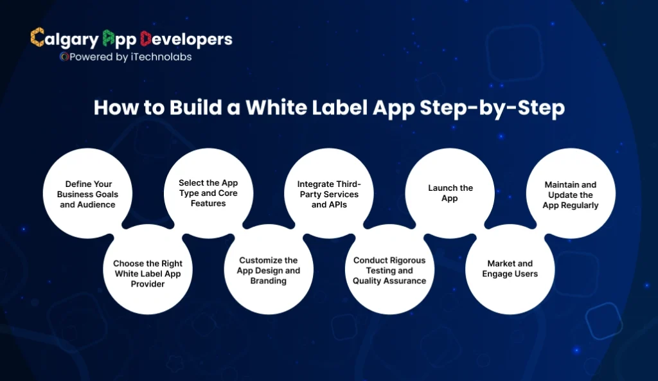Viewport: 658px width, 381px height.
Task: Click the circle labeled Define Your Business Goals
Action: pos(87,194)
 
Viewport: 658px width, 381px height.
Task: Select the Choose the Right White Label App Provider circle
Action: pos(148,273)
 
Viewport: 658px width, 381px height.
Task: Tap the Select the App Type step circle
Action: pos(208,193)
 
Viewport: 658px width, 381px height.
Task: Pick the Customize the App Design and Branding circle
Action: pos(269,270)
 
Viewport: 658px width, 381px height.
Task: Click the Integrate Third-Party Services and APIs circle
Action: pos(328,194)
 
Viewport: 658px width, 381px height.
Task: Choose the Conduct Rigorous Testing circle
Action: pos(389,270)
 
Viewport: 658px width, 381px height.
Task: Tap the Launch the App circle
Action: pos(450,193)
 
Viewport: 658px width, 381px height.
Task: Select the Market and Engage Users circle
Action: pos(510,269)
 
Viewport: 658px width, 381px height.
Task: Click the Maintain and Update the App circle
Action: pos(571,195)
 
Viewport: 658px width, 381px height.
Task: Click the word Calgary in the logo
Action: pos(64,39)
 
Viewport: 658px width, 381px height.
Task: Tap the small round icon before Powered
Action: pos(64,57)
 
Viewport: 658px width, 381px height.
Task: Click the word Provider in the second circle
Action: pos(148,284)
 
